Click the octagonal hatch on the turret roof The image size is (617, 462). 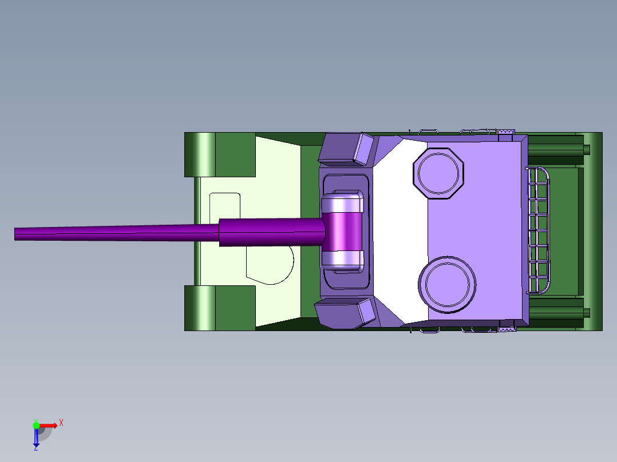tap(438, 173)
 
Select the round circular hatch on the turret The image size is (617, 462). tap(447, 284)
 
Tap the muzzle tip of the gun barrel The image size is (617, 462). tap(15, 233)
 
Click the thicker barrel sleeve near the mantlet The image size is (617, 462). tap(272, 232)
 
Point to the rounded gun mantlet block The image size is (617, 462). tap(342, 232)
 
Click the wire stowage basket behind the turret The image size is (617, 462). tap(537, 230)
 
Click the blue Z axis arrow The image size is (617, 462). tap(36, 437)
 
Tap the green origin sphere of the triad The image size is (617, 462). tap(36, 425)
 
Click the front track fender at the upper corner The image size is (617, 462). tap(220, 154)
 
